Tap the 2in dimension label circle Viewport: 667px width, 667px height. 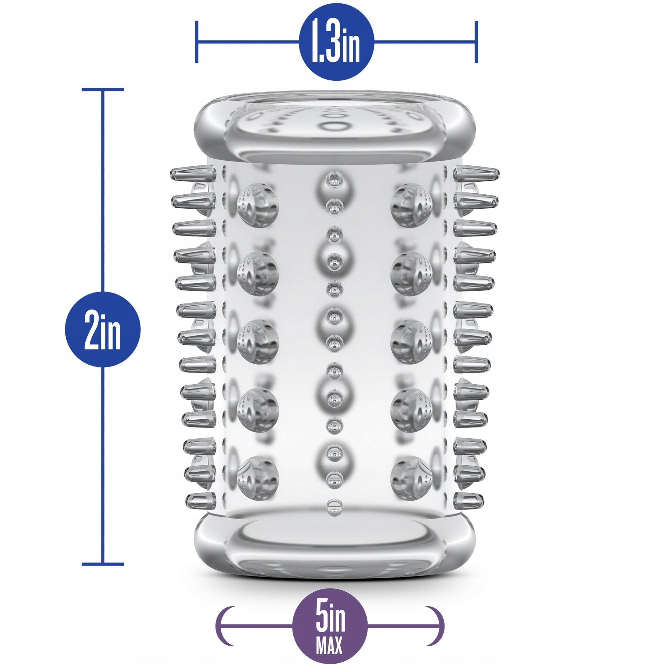tap(102, 329)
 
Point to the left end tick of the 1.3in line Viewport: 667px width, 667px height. tap(196, 42)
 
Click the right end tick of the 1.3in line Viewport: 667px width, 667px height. tap(476, 42)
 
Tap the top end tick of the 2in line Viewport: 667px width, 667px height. tap(102, 90)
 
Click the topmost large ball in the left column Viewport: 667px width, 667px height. tap(258, 203)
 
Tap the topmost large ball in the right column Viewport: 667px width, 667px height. tap(412, 203)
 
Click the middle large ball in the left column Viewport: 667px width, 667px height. tap(258, 340)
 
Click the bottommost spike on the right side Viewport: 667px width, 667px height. tap(468, 499)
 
